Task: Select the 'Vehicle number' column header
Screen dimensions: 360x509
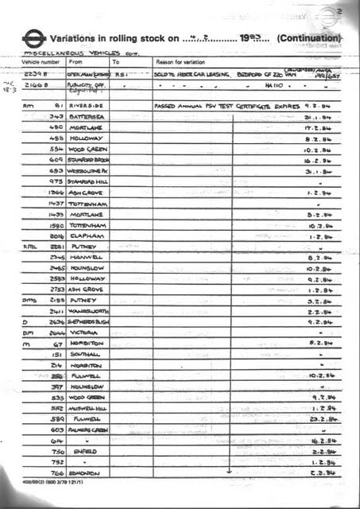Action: (40, 61)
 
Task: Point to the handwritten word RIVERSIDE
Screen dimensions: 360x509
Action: (87, 104)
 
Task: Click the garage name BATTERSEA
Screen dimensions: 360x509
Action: (87, 116)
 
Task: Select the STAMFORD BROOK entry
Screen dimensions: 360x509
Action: (89, 160)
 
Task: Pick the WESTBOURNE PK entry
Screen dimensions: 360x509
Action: (89, 171)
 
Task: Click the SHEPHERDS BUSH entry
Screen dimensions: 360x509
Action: (89, 321)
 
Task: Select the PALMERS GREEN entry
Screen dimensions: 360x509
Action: (89, 429)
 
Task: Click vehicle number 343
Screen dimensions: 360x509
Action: (56, 116)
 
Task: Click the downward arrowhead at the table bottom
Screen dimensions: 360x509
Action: (229, 471)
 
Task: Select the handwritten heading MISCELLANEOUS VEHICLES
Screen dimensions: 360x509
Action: (56, 51)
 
